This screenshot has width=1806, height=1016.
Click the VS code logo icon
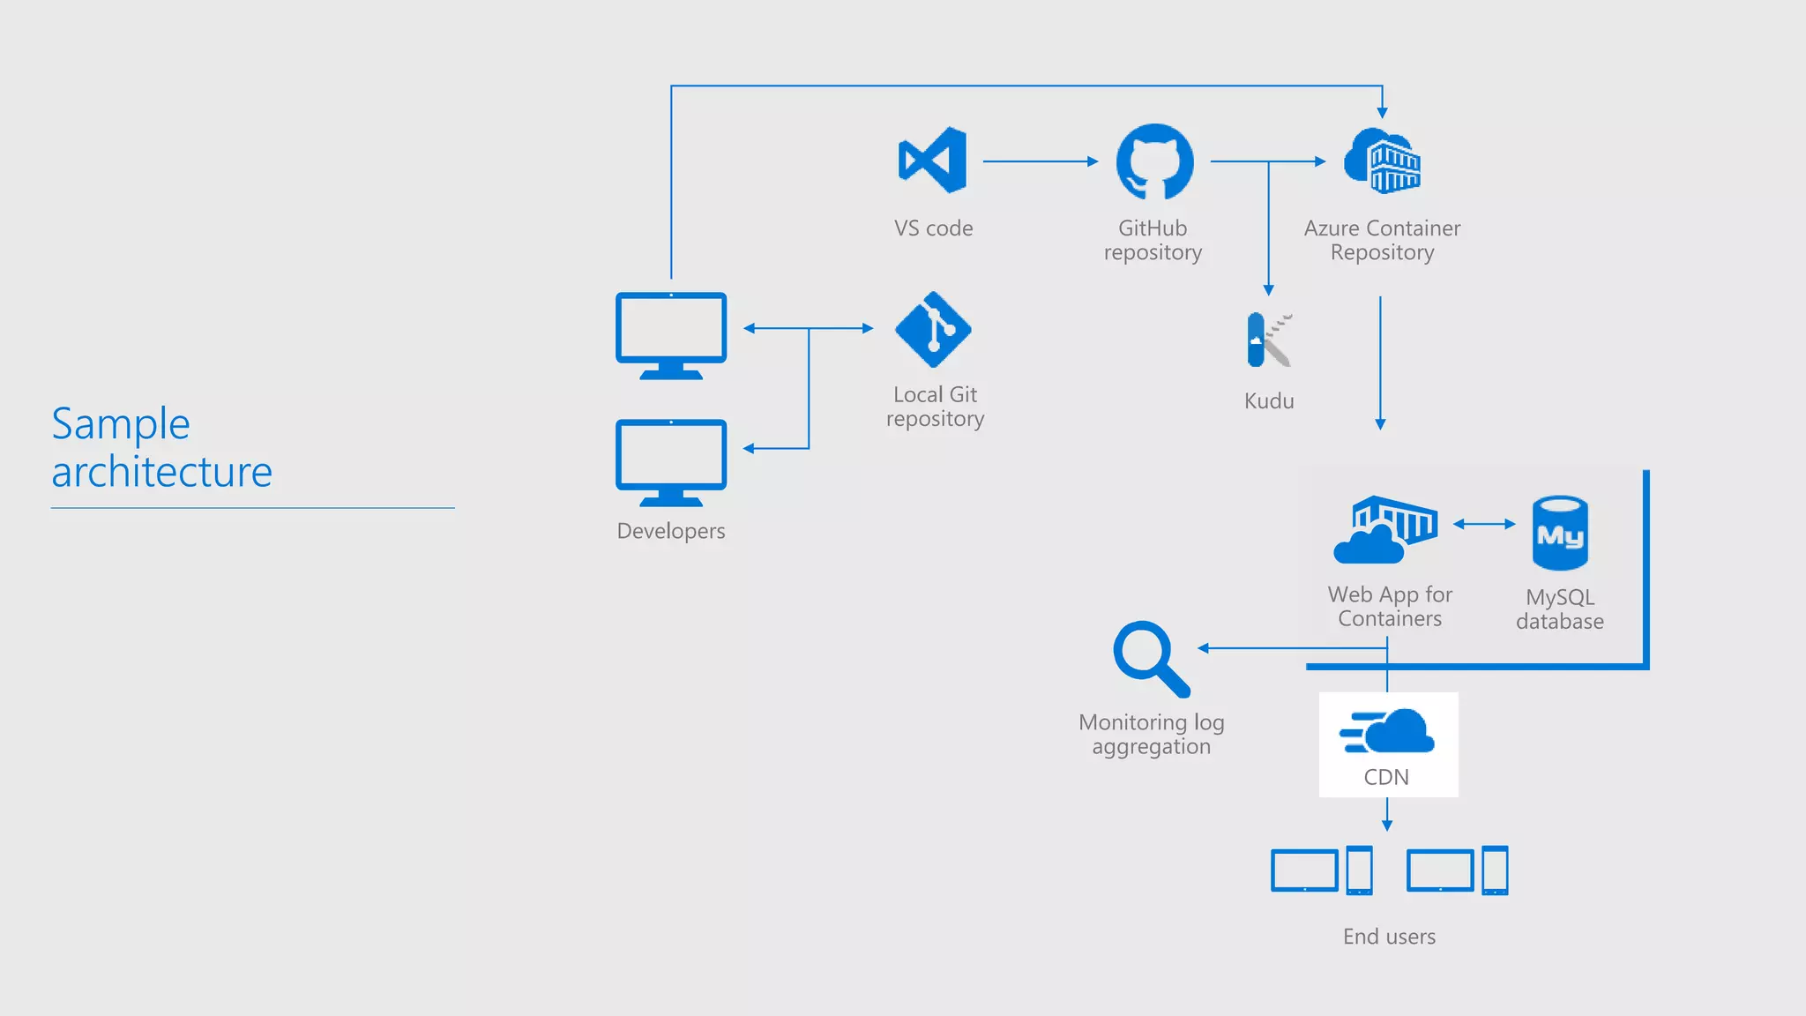pos(933,160)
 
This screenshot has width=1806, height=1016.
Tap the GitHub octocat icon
pos(1154,161)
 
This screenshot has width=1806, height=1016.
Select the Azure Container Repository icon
pos(1382,161)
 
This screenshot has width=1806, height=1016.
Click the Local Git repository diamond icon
pos(933,329)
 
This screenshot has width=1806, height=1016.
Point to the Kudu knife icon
pos(1268,340)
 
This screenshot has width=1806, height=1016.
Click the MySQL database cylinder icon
pos(1560,533)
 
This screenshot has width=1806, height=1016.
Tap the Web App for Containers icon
pos(1385,529)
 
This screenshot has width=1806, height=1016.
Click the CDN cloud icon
pos(1388,732)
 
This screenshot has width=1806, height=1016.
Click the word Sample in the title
pos(121,424)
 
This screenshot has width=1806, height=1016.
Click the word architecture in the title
pos(162,472)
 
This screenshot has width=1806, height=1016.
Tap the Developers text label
pos(671,531)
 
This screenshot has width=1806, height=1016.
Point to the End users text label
pos(1389,937)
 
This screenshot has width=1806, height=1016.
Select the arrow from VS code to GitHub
pos(1040,161)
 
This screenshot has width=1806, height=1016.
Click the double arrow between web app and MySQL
pos(1484,524)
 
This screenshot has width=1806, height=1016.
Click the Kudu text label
pos(1269,401)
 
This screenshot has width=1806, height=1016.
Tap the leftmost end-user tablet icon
pos(1304,870)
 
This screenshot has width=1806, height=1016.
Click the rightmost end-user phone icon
pos(1495,870)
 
